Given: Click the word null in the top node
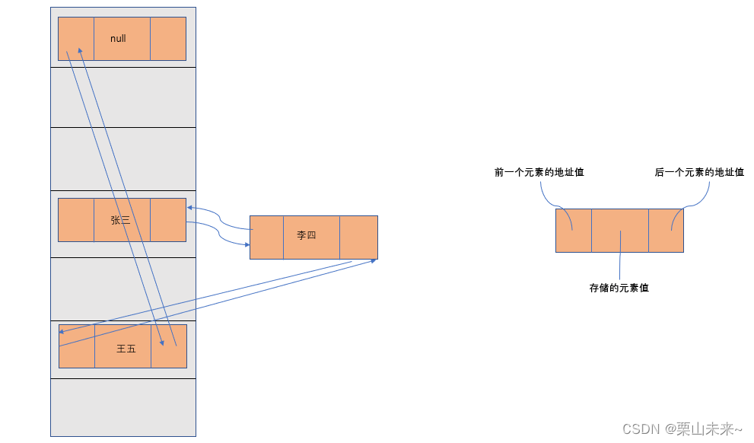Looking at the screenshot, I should [x=118, y=39].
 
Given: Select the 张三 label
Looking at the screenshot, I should [x=120, y=220].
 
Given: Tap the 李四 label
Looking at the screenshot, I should [x=307, y=235].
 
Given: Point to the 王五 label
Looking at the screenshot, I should [x=126, y=349].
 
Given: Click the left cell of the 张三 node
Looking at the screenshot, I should [x=76, y=220].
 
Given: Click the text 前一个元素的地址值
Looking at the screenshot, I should [x=539, y=173].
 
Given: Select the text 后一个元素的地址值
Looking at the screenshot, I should [x=699, y=173].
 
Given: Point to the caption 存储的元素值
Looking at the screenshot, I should [x=619, y=288].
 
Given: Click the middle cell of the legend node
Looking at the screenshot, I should [x=620, y=231].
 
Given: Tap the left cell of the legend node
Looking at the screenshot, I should [x=574, y=231].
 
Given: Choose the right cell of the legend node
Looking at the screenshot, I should [x=666, y=231].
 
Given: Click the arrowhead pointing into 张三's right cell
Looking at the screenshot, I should [x=189, y=207].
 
